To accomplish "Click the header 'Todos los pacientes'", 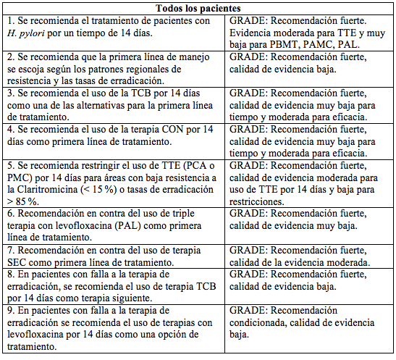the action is (x=197, y=9).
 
